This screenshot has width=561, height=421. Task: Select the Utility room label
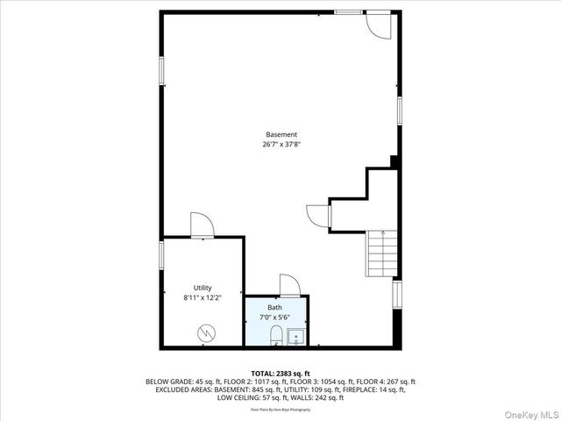(202, 288)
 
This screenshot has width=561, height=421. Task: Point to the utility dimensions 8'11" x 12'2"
(202, 297)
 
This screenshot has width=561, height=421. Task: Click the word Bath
(274, 308)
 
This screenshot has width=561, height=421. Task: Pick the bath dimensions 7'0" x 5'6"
(274, 317)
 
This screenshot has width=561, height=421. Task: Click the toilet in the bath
(274, 336)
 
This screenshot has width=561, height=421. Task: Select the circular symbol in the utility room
(205, 332)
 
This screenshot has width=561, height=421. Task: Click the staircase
(381, 253)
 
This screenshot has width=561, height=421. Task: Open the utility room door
(202, 225)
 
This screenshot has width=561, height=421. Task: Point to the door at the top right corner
(379, 25)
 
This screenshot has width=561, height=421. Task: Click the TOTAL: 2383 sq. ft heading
(280, 373)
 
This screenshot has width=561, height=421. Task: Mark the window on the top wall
(348, 11)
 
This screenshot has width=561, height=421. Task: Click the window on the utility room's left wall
(161, 254)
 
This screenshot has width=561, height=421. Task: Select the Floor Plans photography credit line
(280, 410)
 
